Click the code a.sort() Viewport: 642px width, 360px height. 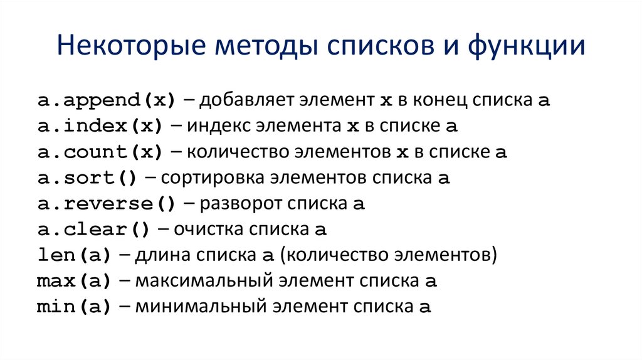coord(87,178)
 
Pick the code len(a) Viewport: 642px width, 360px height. coord(74,256)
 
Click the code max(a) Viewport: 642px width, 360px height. coord(74,282)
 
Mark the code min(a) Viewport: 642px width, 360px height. coord(74,307)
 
